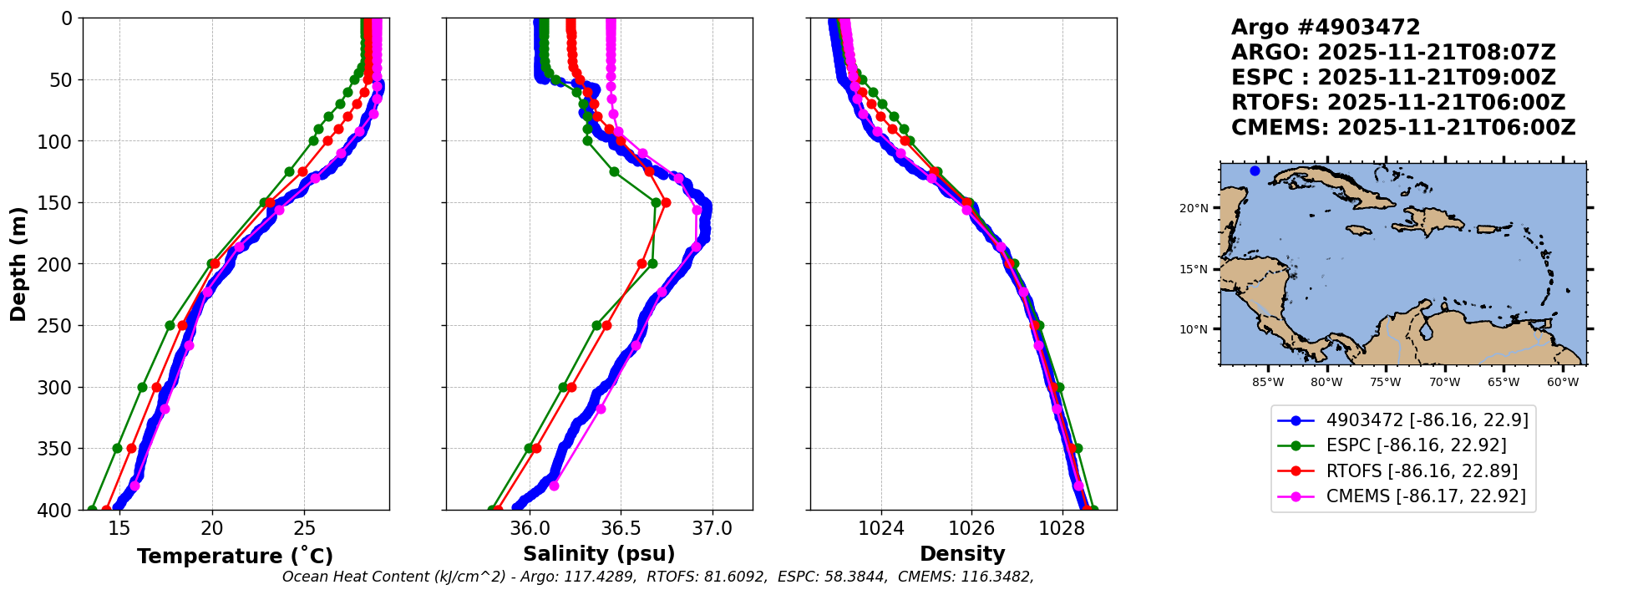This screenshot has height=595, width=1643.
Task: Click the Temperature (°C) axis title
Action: [x=235, y=556]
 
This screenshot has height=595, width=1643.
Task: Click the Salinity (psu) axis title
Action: [x=599, y=554]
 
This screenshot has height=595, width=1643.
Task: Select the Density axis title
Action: [x=962, y=554]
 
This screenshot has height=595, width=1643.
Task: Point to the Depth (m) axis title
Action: [x=18, y=263]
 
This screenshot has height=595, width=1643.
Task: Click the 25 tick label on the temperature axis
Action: [x=305, y=528]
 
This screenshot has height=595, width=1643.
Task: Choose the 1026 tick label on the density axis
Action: [x=971, y=528]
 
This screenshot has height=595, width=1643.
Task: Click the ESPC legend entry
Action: [x=1416, y=445]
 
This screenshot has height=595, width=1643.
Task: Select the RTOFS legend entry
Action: [x=1422, y=471]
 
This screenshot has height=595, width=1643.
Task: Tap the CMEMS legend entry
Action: [x=1425, y=496]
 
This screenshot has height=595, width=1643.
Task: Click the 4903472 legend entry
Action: [x=1427, y=420]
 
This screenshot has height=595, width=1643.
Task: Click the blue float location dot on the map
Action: [x=1255, y=171]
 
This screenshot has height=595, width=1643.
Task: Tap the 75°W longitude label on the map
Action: [x=1386, y=383]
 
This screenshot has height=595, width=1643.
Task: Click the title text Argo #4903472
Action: [x=1326, y=28]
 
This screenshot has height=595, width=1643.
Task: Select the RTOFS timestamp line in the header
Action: [x=1398, y=103]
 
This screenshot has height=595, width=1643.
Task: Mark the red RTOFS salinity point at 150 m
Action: [x=666, y=202]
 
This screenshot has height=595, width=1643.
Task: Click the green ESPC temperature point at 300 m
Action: [x=142, y=387]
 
